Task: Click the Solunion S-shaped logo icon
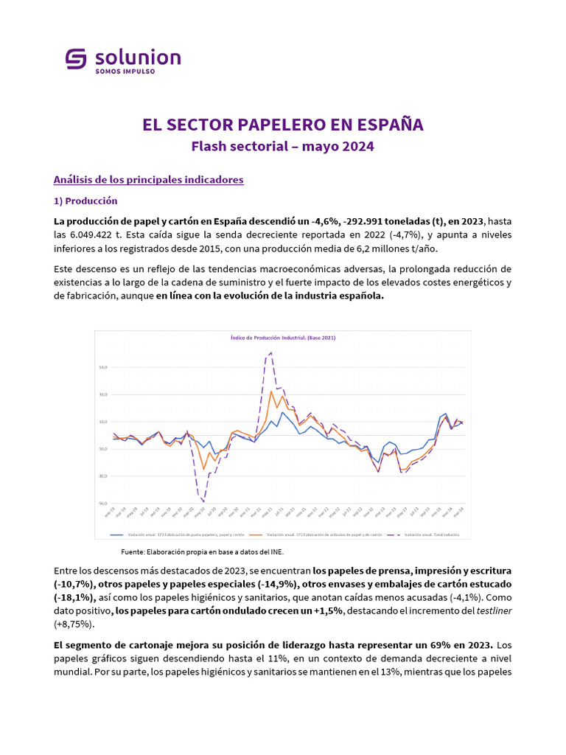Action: point(76,59)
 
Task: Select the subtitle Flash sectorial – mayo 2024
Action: point(282,146)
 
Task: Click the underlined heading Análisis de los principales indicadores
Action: point(148,179)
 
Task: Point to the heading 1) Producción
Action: point(85,201)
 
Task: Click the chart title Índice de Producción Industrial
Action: point(283,338)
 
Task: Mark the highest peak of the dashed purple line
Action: point(271,352)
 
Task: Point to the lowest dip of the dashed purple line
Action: point(203,501)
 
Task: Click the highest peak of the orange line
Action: point(271,391)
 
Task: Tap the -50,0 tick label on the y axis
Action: point(102,504)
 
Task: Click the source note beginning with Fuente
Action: point(201,552)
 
